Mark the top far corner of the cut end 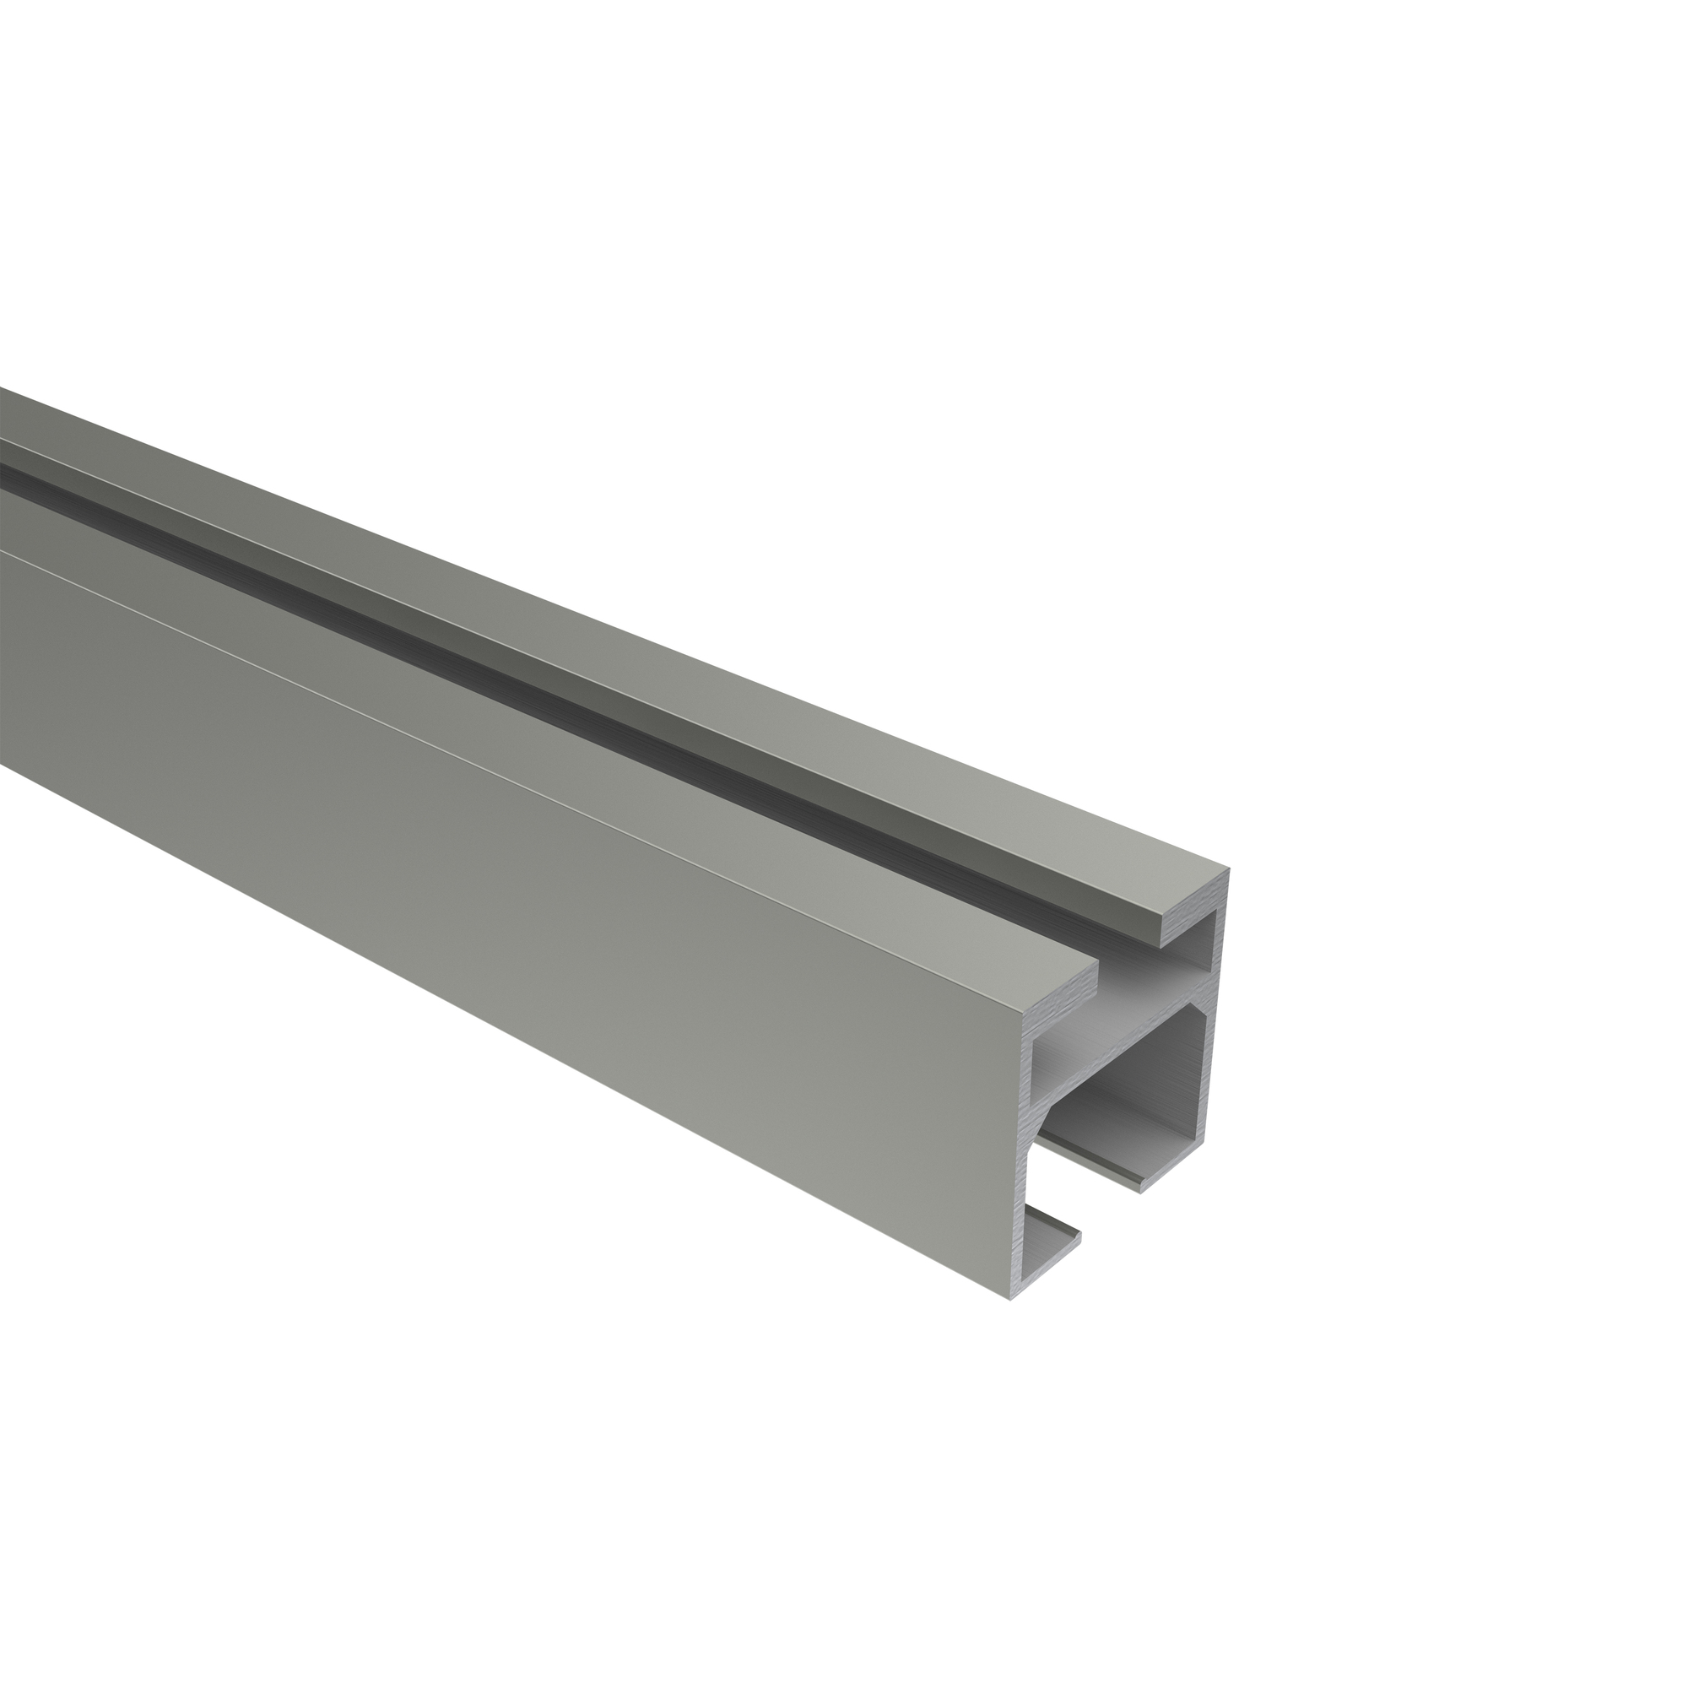1230,870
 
